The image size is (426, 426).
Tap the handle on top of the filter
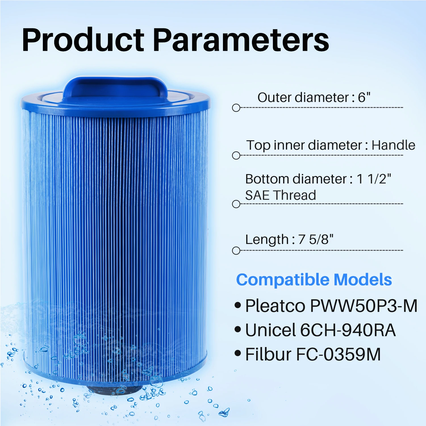(x=115, y=87)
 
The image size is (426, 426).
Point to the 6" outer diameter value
(x=364, y=97)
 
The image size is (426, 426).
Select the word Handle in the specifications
(x=393, y=145)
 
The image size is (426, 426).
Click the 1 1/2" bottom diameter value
(x=374, y=179)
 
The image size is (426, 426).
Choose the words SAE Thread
(x=280, y=195)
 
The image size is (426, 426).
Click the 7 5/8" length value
(x=316, y=239)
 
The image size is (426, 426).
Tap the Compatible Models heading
(x=314, y=280)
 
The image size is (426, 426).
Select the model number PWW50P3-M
(x=363, y=306)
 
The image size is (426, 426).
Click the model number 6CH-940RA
(x=348, y=330)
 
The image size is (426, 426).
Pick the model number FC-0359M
(x=338, y=354)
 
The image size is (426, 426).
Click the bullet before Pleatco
(x=238, y=306)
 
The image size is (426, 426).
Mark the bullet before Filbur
(x=238, y=354)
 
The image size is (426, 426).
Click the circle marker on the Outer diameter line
(x=236, y=108)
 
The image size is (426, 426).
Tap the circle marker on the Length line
(x=236, y=251)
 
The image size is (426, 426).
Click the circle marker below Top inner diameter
(x=236, y=156)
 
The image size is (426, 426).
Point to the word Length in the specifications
(x=267, y=239)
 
